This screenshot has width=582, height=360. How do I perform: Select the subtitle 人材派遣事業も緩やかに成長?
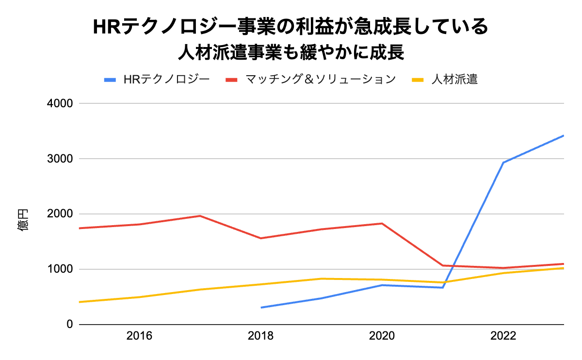pos(291,52)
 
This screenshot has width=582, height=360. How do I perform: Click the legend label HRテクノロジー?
pos(166,79)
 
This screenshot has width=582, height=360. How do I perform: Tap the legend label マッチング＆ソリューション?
pos(321,79)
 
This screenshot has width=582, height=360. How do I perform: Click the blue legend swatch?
pos(111,80)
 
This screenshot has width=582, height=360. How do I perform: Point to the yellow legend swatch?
pos(419,80)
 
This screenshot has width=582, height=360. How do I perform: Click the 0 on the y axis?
pos(69,325)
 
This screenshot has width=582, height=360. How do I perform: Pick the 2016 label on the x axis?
pos(139,336)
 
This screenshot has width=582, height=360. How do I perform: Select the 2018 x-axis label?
pos(260,336)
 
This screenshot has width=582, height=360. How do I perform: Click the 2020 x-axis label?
pos(382,336)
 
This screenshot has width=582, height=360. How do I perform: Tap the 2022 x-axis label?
pos(503,336)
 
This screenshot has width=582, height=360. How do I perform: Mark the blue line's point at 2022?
pos(503,163)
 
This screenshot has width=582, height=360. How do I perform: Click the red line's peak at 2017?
pos(200,216)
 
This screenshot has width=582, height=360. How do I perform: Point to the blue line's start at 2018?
pos(261,308)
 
